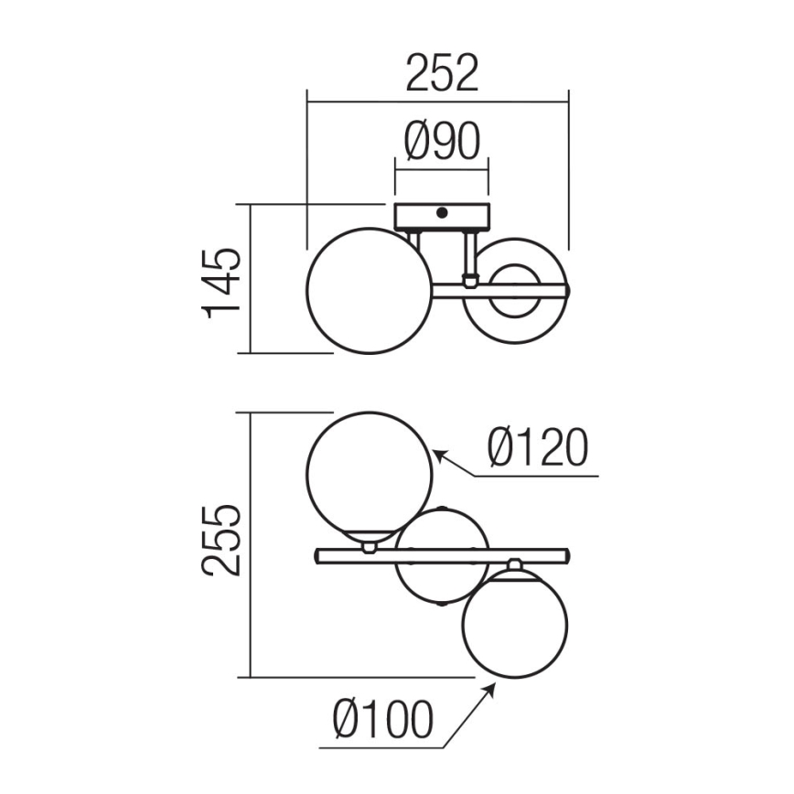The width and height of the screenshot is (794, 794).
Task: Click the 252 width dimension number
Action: click(x=442, y=73)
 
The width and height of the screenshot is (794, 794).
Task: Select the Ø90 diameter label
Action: click(x=442, y=141)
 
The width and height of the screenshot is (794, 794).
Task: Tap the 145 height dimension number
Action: click(x=221, y=284)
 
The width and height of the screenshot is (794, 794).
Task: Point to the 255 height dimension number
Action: click(x=221, y=541)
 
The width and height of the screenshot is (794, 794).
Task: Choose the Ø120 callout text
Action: click(x=538, y=447)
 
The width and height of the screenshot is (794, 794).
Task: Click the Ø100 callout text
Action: click(x=383, y=719)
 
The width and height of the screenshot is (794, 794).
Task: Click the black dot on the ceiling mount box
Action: click(x=442, y=212)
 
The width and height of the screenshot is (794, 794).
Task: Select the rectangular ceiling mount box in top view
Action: click(x=442, y=216)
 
